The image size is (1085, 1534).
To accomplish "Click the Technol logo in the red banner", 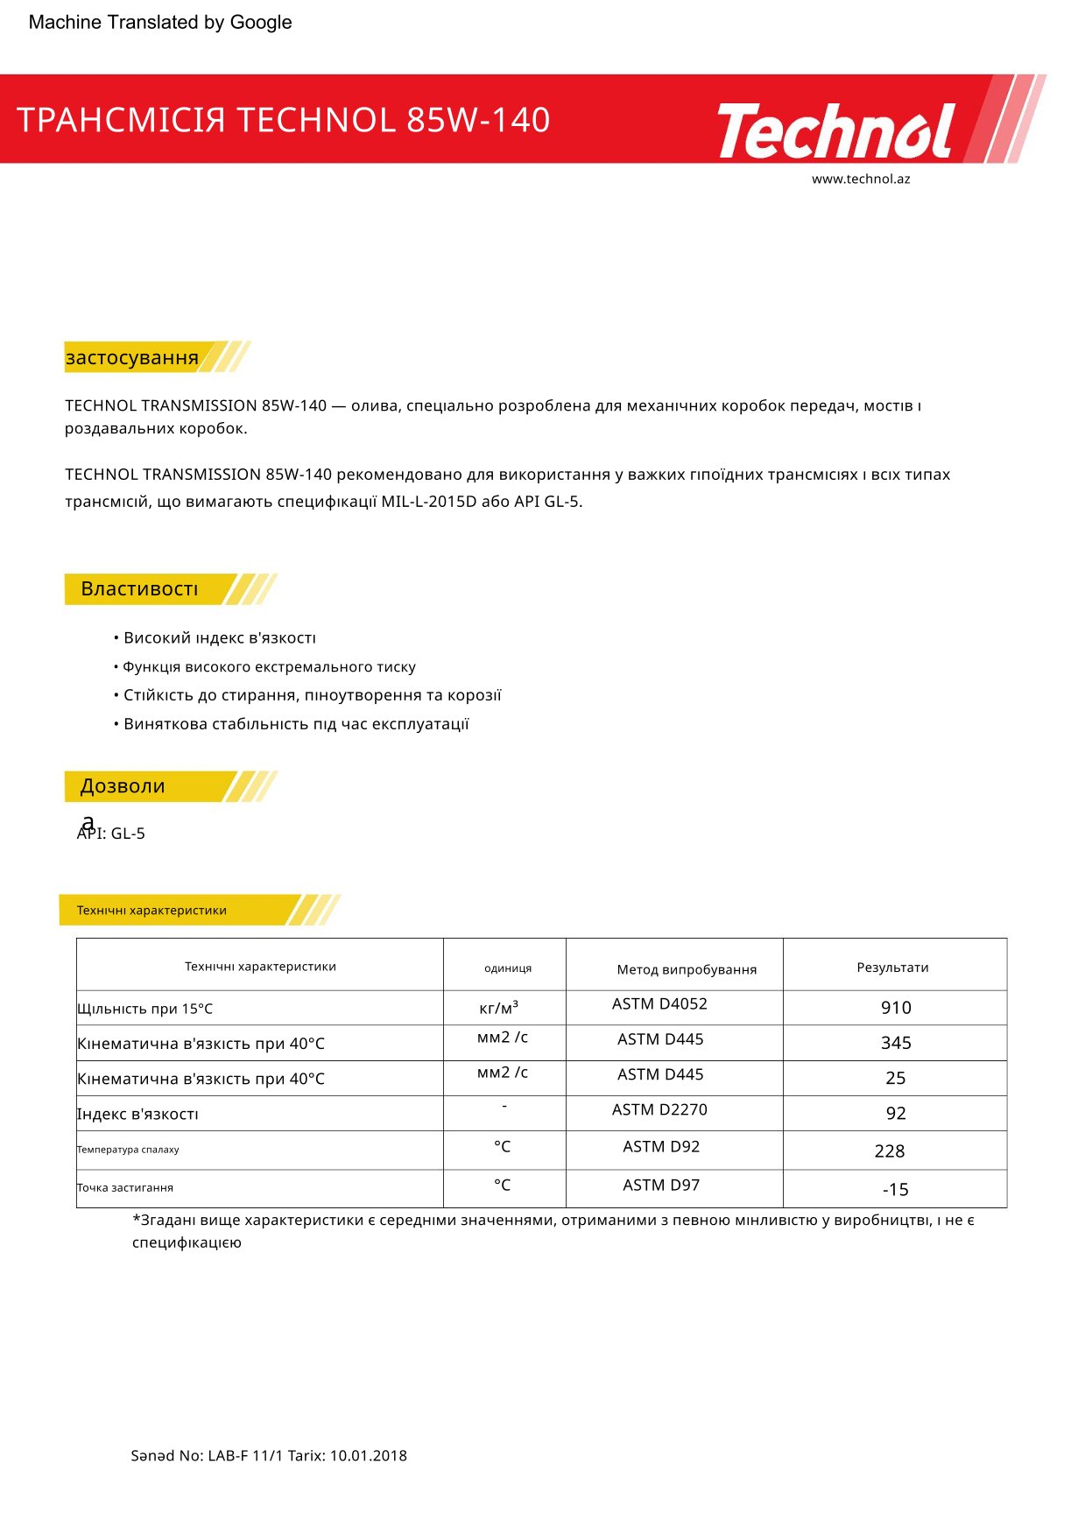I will pyautogui.click(x=836, y=130).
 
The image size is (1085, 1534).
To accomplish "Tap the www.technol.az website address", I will pyautogui.click(x=860, y=179).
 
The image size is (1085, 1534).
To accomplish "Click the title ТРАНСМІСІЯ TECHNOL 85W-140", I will pyautogui.click(x=283, y=120).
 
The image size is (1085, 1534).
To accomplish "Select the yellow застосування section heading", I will pyautogui.click(x=132, y=357).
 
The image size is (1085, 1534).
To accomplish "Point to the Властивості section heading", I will pyautogui.click(x=140, y=589).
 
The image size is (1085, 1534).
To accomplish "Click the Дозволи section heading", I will pyautogui.click(x=123, y=786).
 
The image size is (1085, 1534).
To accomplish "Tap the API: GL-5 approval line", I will pyautogui.click(x=111, y=834).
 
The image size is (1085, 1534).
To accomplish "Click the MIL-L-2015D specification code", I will pyautogui.click(x=428, y=502).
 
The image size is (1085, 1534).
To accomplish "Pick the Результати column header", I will pyautogui.click(x=892, y=968).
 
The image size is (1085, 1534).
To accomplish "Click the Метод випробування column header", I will pyautogui.click(x=687, y=969).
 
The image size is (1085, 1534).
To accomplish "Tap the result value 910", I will pyautogui.click(x=896, y=1008).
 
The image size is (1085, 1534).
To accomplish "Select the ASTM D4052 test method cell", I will pyautogui.click(x=659, y=1004).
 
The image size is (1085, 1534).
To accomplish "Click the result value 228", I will pyautogui.click(x=889, y=1151).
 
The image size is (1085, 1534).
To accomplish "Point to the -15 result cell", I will pyautogui.click(x=895, y=1190).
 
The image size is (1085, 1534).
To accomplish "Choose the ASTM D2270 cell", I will pyautogui.click(x=659, y=1110).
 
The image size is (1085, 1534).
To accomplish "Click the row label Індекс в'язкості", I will pyautogui.click(x=138, y=1115).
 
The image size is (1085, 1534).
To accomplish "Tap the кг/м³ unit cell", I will pyautogui.click(x=499, y=1008).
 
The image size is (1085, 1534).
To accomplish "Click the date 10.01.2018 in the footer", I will pyautogui.click(x=368, y=1456).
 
